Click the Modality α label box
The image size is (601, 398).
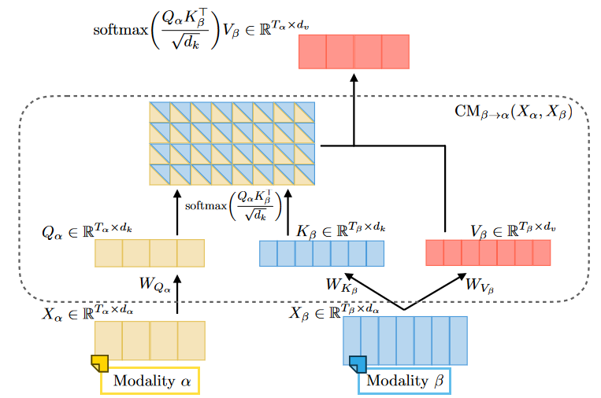[x=152, y=381]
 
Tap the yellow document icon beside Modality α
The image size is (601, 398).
[x=100, y=363]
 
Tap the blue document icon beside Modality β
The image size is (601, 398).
[x=358, y=363]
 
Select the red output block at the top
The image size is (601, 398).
[x=354, y=53]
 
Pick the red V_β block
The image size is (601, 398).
[x=488, y=252]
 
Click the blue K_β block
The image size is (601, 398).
[x=321, y=253]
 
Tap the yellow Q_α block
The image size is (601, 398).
[x=150, y=254]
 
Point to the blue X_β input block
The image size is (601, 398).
[x=406, y=340]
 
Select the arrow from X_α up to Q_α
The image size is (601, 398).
[x=177, y=294]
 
